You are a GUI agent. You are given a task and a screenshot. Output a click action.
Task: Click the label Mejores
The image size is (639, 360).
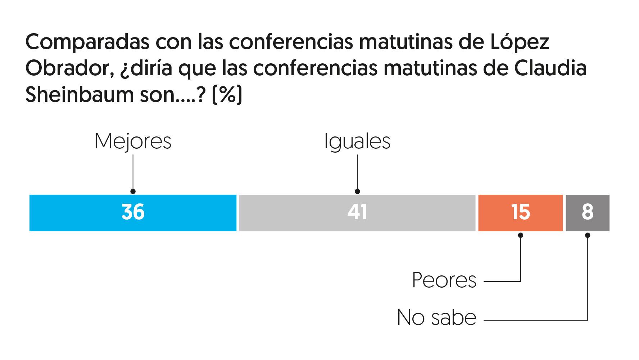[x=133, y=141]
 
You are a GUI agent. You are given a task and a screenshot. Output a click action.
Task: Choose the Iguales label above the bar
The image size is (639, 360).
[x=357, y=141]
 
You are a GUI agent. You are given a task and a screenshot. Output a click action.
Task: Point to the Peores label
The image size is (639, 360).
[x=444, y=280]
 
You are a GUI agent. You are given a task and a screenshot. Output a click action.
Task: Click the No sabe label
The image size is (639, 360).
[x=437, y=318]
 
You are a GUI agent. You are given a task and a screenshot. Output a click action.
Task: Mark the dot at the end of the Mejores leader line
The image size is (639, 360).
[x=133, y=192]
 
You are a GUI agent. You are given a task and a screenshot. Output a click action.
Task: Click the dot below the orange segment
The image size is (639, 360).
[x=521, y=235]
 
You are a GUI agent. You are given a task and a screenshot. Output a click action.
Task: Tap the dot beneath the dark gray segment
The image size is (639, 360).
[x=588, y=235]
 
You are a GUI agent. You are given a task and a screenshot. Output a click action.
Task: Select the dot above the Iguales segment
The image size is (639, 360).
[x=357, y=192]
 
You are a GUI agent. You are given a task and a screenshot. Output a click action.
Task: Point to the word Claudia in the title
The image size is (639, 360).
[x=550, y=68]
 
